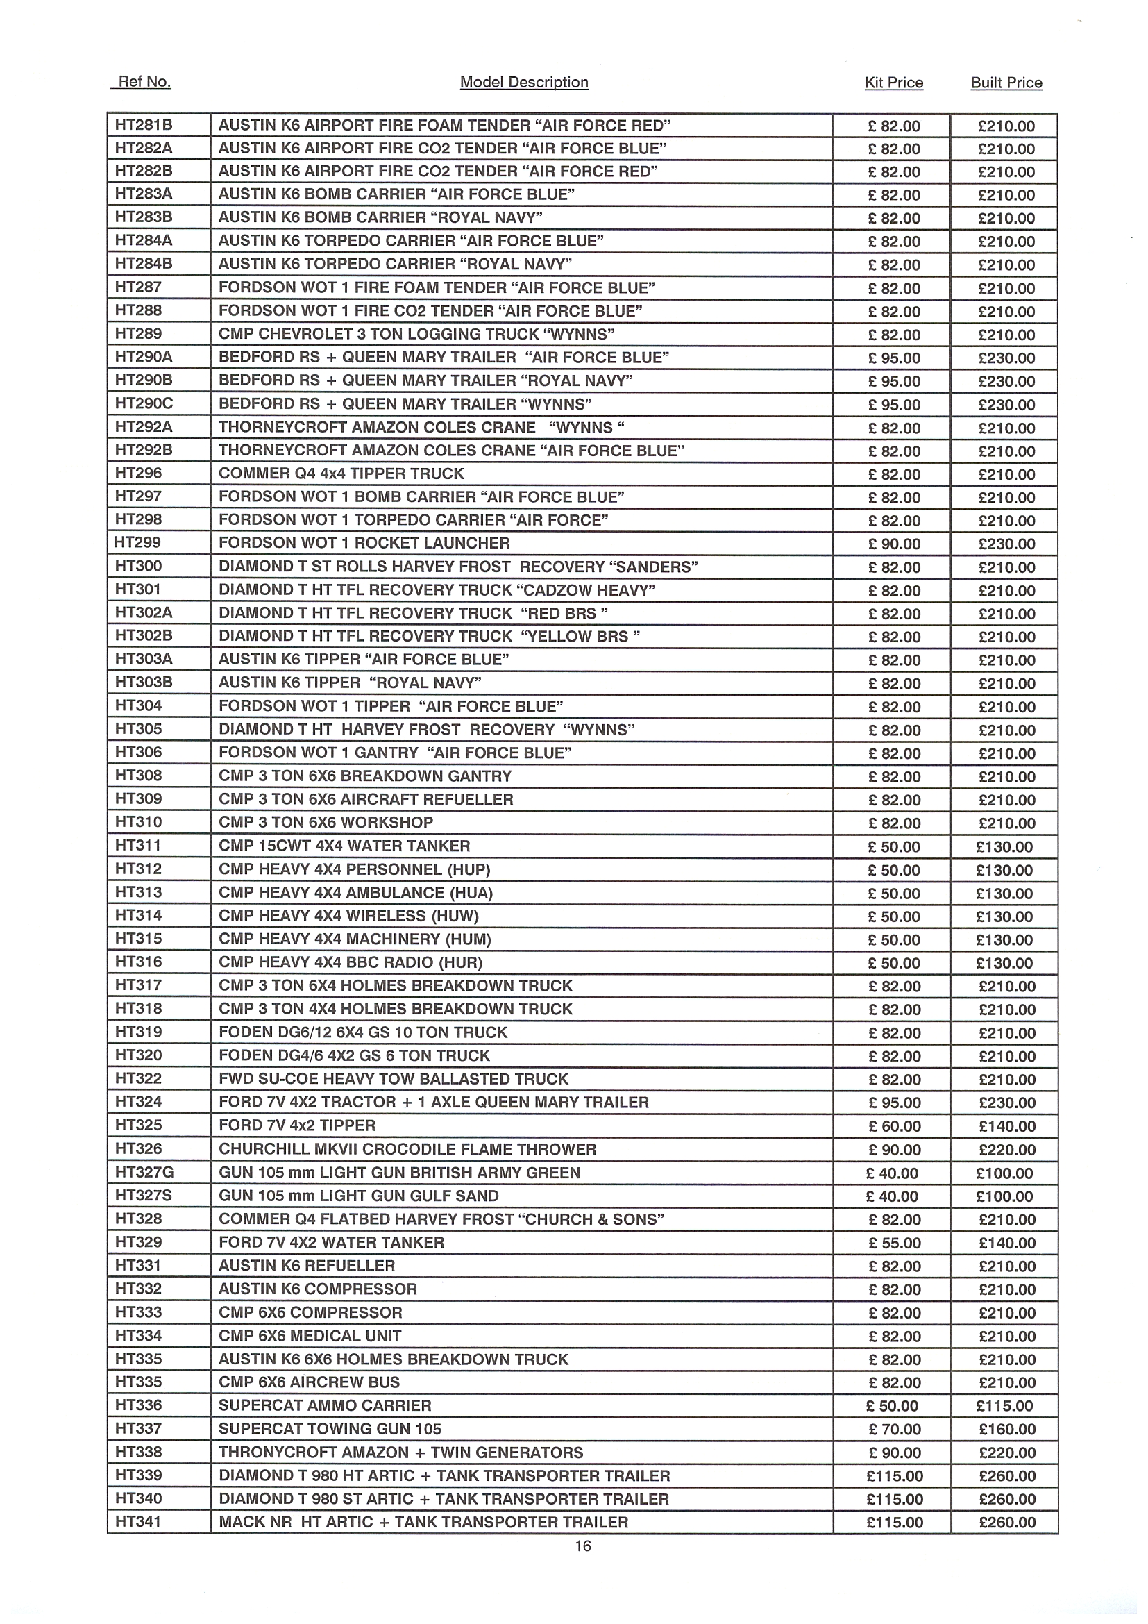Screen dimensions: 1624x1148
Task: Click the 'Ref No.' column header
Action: pos(144,82)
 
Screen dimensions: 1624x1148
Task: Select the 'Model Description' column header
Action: pos(524,83)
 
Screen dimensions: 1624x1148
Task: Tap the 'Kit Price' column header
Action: pos(893,83)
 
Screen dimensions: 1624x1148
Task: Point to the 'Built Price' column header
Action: pos(1006,83)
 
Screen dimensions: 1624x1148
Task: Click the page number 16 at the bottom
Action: pos(582,1546)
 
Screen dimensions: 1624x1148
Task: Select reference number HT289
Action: pos(139,334)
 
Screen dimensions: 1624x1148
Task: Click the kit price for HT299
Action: pos(894,544)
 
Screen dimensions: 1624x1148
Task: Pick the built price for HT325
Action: pos(1006,1126)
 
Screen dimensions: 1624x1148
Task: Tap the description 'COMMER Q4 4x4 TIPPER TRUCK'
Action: pos(341,474)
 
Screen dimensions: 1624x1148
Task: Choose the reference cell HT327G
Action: pos(144,1173)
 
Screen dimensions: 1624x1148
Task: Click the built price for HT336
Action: pos(1004,1406)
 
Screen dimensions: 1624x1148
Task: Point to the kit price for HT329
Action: pos(894,1243)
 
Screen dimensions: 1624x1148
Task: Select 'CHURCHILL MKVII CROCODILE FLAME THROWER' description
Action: pos(407,1149)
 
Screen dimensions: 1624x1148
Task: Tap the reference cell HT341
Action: pos(139,1522)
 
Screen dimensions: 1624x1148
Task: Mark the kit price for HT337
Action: pos(894,1430)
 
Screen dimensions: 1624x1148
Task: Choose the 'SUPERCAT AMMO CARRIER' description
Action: pos(325,1406)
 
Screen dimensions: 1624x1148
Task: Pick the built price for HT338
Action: pos(1006,1453)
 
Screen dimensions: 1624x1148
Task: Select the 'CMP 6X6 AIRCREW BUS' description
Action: pos(309,1383)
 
